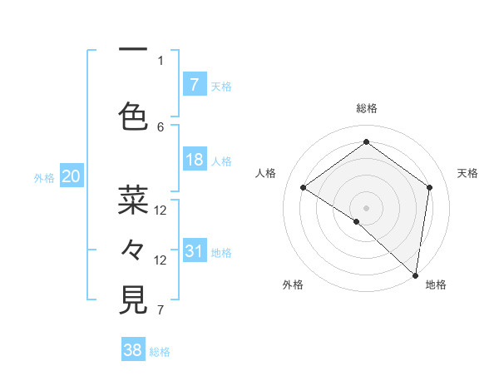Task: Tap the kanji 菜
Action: click(x=133, y=200)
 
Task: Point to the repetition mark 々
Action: click(x=133, y=250)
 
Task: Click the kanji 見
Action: click(x=133, y=299)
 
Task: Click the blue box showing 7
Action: click(x=194, y=84)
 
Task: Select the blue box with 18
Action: click(x=194, y=160)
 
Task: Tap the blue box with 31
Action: click(x=194, y=251)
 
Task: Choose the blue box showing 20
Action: click(x=72, y=176)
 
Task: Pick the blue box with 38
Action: click(x=133, y=350)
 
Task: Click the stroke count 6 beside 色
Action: click(x=161, y=126)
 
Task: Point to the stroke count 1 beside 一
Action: click(x=161, y=60)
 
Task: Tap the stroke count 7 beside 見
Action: click(x=161, y=311)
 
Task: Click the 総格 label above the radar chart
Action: click(x=366, y=108)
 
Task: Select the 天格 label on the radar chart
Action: click(x=467, y=173)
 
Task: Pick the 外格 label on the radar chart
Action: click(x=292, y=285)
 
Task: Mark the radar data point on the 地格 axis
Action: click(x=415, y=274)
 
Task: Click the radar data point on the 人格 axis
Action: click(x=304, y=188)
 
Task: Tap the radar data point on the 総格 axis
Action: click(x=366, y=141)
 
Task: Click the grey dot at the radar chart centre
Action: click(x=366, y=207)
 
